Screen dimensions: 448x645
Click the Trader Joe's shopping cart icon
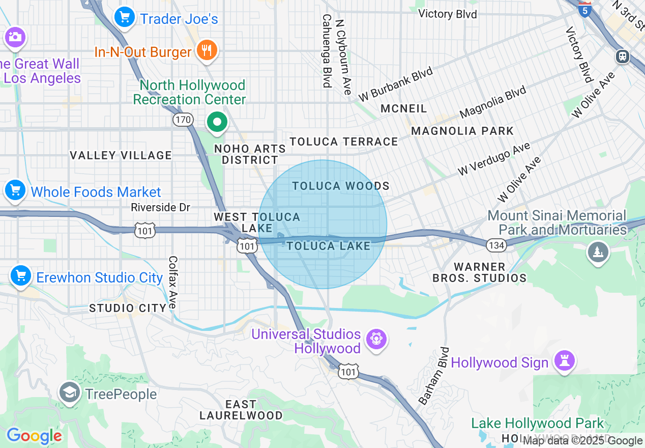(x=124, y=18)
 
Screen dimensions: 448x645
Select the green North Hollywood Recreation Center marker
(x=217, y=122)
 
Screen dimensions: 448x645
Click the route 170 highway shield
(x=183, y=120)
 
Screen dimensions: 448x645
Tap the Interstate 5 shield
(x=585, y=9)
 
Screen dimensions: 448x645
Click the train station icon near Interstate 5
(x=622, y=56)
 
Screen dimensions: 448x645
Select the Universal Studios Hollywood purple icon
(x=376, y=340)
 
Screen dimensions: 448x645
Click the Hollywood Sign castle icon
(x=564, y=360)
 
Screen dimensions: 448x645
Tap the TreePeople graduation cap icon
(x=69, y=392)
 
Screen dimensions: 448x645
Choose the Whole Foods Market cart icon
(x=15, y=191)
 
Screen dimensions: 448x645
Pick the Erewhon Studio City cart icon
(x=20, y=276)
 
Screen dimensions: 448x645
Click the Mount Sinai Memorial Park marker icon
(x=598, y=251)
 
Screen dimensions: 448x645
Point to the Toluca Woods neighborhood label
(x=341, y=186)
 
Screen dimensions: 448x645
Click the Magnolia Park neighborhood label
(x=462, y=131)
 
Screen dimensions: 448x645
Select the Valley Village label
(x=121, y=155)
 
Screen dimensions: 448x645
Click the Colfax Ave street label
(x=172, y=282)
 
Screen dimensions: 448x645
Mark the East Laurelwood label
(x=241, y=410)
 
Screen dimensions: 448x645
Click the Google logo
(x=34, y=436)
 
